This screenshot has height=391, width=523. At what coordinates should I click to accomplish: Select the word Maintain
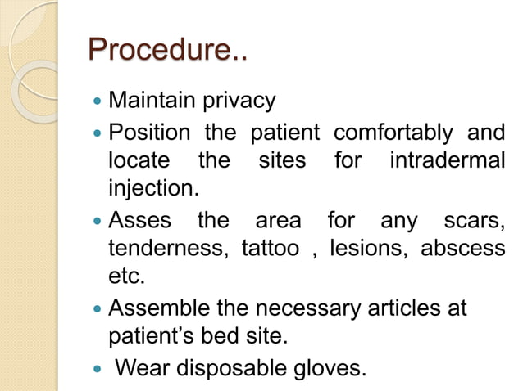click(150, 102)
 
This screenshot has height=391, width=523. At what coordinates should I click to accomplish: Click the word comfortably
click(393, 132)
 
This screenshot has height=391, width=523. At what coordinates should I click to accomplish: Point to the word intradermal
click(447, 160)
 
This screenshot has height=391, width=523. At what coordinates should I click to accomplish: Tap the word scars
click(474, 219)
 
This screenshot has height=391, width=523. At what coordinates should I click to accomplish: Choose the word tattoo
click(271, 249)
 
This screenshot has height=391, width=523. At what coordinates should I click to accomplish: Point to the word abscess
click(463, 249)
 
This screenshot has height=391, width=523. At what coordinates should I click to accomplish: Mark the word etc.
click(127, 277)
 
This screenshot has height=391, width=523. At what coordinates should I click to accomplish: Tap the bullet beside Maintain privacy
click(98, 103)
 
